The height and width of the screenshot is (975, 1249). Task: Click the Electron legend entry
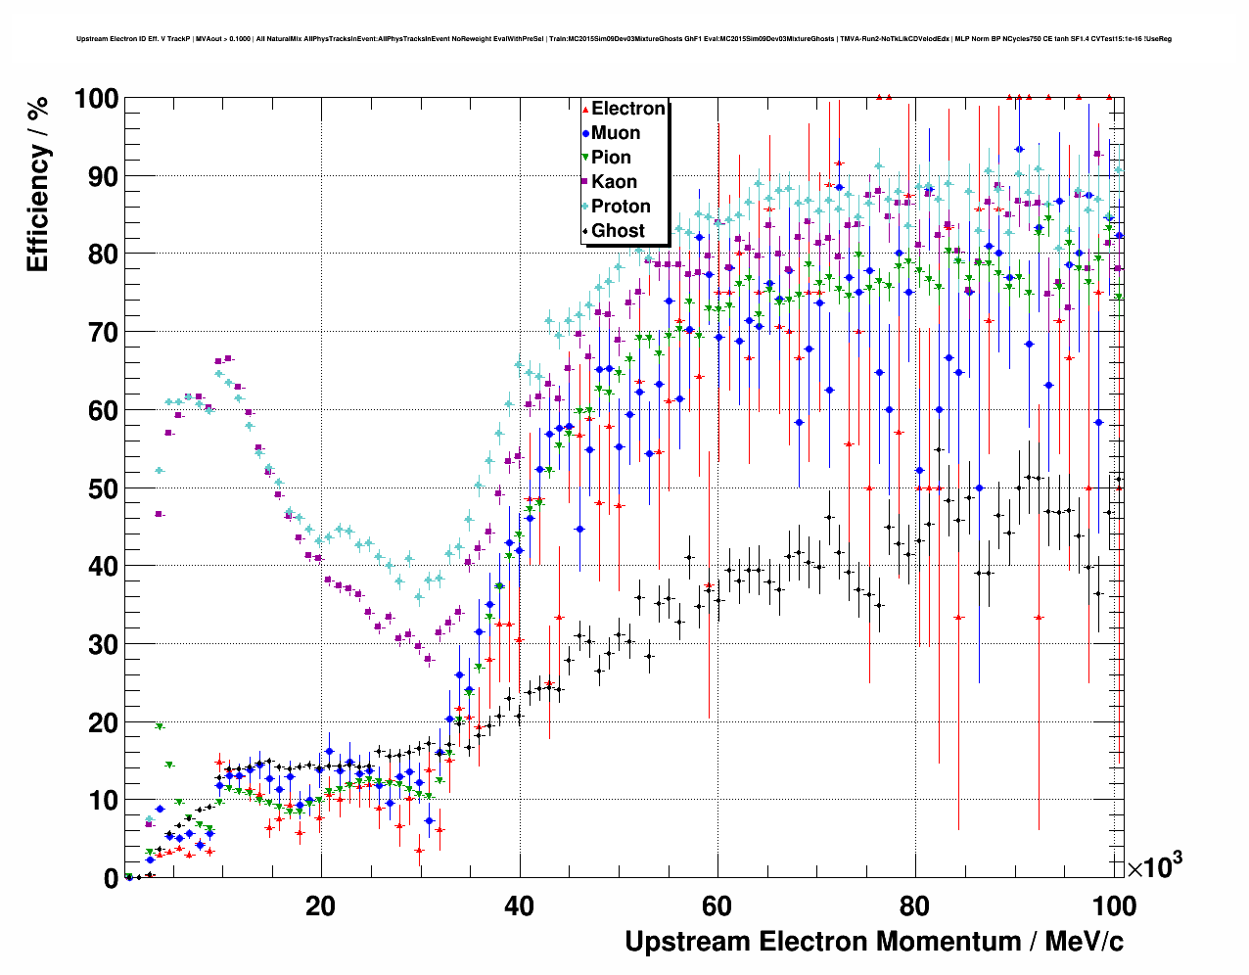pyautogui.click(x=627, y=109)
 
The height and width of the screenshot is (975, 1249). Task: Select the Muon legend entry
pyautogui.click(x=616, y=133)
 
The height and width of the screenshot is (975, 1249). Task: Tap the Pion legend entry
pyautogui.click(x=611, y=158)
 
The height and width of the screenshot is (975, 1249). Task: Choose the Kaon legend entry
pyautogui.click(x=614, y=182)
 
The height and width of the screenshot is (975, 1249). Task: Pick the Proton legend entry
pyautogui.click(x=621, y=207)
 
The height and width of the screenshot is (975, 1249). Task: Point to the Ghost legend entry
pyautogui.click(x=618, y=231)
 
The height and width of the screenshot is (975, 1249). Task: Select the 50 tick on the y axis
pyautogui.click(x=104, y=488)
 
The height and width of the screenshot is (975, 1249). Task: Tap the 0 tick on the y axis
pyautogui.click(x=111, y=878)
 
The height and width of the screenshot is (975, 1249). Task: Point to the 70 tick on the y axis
pyautogui.click(x=104, y=333)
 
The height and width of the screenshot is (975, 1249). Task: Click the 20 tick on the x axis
pyautogui.click(x=320, y=905)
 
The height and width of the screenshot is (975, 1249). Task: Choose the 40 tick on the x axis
pyautogui.click(x=519, y=905)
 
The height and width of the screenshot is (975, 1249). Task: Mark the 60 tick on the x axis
pyautogui.click(x=717, y=905)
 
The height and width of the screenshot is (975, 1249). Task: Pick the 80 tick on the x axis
pyautogui.click(x=916, y=905)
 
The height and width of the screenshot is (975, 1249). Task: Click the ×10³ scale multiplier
pyautogui.click(x=1154, y=866)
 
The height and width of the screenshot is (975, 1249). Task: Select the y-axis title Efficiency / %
pyautogui.click(x=37, y=186)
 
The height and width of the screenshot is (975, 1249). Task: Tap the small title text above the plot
pyautogui.click(x=624, y=39)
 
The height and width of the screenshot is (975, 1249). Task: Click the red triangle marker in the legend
pyautogui.click(x=585, y=109)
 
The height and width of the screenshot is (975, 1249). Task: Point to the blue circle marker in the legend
pyautogui.click(x=585, y=133)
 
